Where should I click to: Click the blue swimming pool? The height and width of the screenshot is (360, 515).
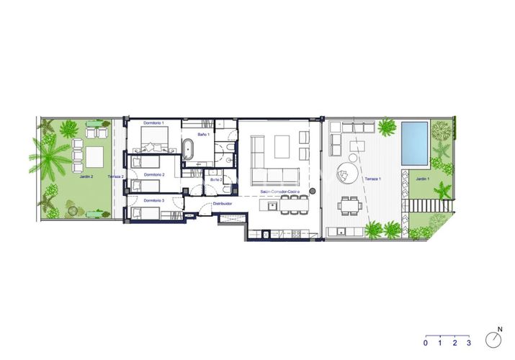click(414, 142)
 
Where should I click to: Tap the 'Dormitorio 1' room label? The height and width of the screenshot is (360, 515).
click(154, 123)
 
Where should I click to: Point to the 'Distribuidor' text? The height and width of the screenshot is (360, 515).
click(222, 204)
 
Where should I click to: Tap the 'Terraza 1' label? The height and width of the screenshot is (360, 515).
click(371, 177)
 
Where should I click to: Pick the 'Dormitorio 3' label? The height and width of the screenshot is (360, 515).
click(153, 200)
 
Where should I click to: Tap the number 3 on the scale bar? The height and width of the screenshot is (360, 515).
click(469, 342)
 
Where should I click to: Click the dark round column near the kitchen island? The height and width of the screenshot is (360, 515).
click(314, 192)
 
